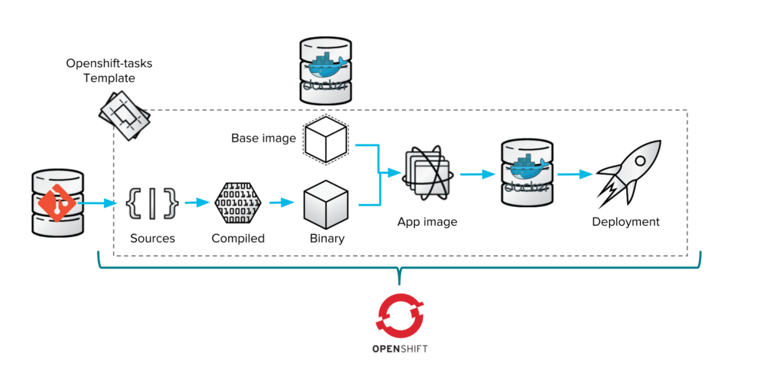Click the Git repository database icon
57,202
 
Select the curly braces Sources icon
153,203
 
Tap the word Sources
152,239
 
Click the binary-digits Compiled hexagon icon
238,203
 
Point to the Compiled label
238,239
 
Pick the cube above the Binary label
326,204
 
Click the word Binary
327,239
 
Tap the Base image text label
264,138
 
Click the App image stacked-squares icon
427,175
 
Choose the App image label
427,222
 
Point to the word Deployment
626,222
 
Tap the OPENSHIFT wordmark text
401,349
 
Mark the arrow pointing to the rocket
574,175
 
